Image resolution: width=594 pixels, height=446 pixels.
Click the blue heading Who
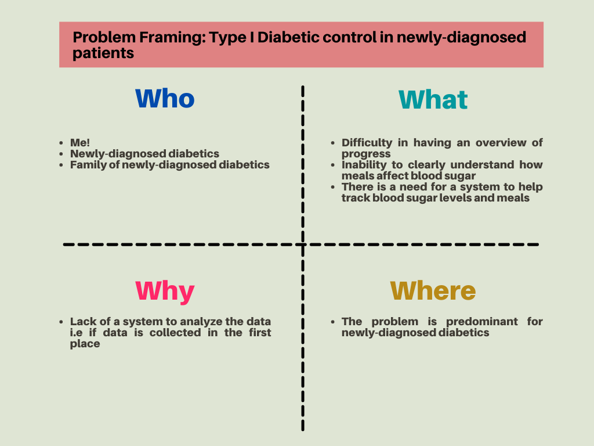165,99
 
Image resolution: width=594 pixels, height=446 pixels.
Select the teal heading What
433,100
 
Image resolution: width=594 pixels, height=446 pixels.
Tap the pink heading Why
165,292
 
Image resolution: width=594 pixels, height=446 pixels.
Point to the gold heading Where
433,291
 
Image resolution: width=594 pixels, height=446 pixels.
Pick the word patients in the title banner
103,53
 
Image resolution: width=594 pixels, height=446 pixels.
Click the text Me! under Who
80,143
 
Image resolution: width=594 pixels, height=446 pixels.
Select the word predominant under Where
481,322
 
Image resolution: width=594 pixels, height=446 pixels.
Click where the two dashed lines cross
303,244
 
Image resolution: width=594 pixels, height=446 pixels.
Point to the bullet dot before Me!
61,143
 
